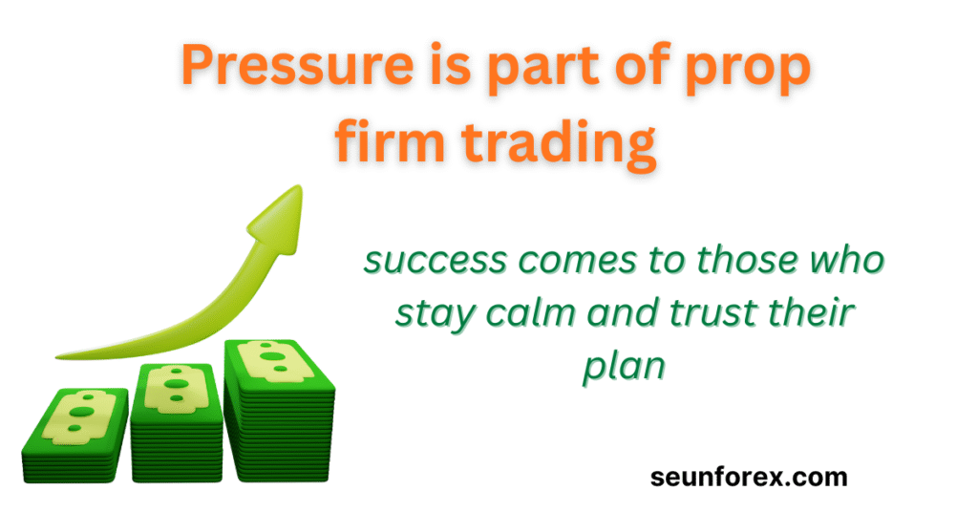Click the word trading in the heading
(559, 143)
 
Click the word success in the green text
(436, 260)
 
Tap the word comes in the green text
(578, 260)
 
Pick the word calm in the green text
(530, 310)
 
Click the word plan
(624, 367)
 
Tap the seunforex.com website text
(749, 477)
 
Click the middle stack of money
(177, 422)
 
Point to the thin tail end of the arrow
(57, 356)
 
